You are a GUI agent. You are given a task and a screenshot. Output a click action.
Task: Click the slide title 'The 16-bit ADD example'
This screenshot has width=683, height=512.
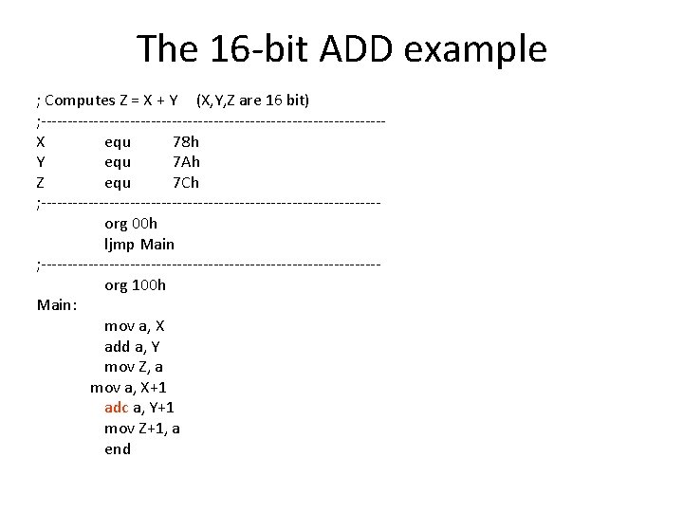pyautogui.click(x=341, y=48)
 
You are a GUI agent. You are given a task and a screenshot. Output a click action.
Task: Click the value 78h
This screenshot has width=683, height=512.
pyautogui.click(x=186, y=142)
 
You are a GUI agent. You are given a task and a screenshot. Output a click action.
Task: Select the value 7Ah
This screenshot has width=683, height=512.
pyautogui.click(x=186, y=162)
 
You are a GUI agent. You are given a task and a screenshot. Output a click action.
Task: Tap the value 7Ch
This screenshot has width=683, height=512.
pyautogui.click(x=186, y=182)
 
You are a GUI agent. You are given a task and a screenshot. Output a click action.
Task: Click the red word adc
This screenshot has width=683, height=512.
pyautogui.click(x=116, y=408)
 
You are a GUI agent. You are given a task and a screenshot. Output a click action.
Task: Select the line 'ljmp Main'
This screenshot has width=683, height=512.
pyautogui.click(x=139, y=244)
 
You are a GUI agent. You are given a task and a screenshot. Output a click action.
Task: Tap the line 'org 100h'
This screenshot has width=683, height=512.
pyautogui.click(x=135, y=284)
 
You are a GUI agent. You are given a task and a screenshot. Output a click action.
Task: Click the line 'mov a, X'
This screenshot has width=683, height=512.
pyautogui.click(x=135, y=326)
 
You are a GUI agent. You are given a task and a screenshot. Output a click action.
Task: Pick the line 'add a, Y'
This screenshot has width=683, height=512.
pyautogui.click(x=132, y=347)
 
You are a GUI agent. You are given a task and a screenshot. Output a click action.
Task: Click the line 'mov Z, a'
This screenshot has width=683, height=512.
pyautogui.click(x=133, y=367)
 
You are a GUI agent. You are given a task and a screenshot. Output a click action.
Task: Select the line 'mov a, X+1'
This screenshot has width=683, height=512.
pyautogui.click(x=129, y=387)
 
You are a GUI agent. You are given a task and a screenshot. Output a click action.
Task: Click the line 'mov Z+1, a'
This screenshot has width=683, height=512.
pyautogui.click(x=142, y=428)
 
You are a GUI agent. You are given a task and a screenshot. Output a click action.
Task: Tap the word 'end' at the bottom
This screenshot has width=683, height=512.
pyautogui.click(x=118, y=448)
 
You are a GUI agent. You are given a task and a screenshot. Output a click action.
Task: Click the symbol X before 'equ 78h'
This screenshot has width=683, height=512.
pyautogui.click(x=41, y=142)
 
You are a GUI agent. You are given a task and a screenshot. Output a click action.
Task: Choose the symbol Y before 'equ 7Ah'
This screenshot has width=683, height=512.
pyautogui.click(x=41, y=162)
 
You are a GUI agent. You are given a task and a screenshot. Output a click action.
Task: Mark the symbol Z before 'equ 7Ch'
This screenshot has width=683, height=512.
pyautogui.click(x=41, y=182)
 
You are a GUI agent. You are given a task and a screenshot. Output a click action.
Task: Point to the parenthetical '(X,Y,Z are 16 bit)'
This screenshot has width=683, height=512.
pyautogui.click(x=259, y=101)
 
